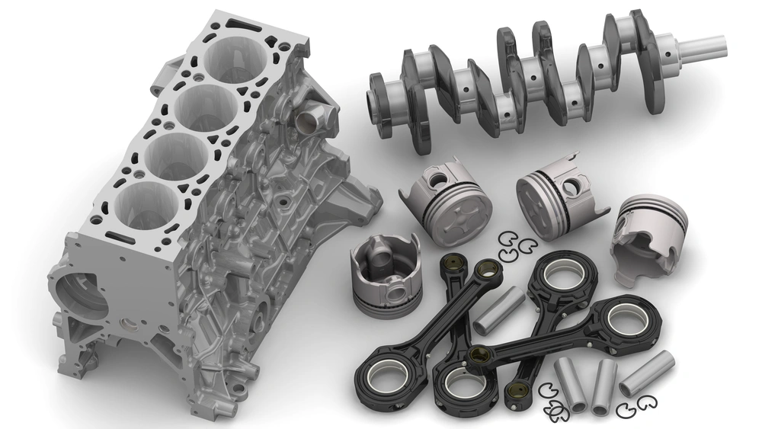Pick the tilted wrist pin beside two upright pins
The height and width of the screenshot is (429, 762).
647,373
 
